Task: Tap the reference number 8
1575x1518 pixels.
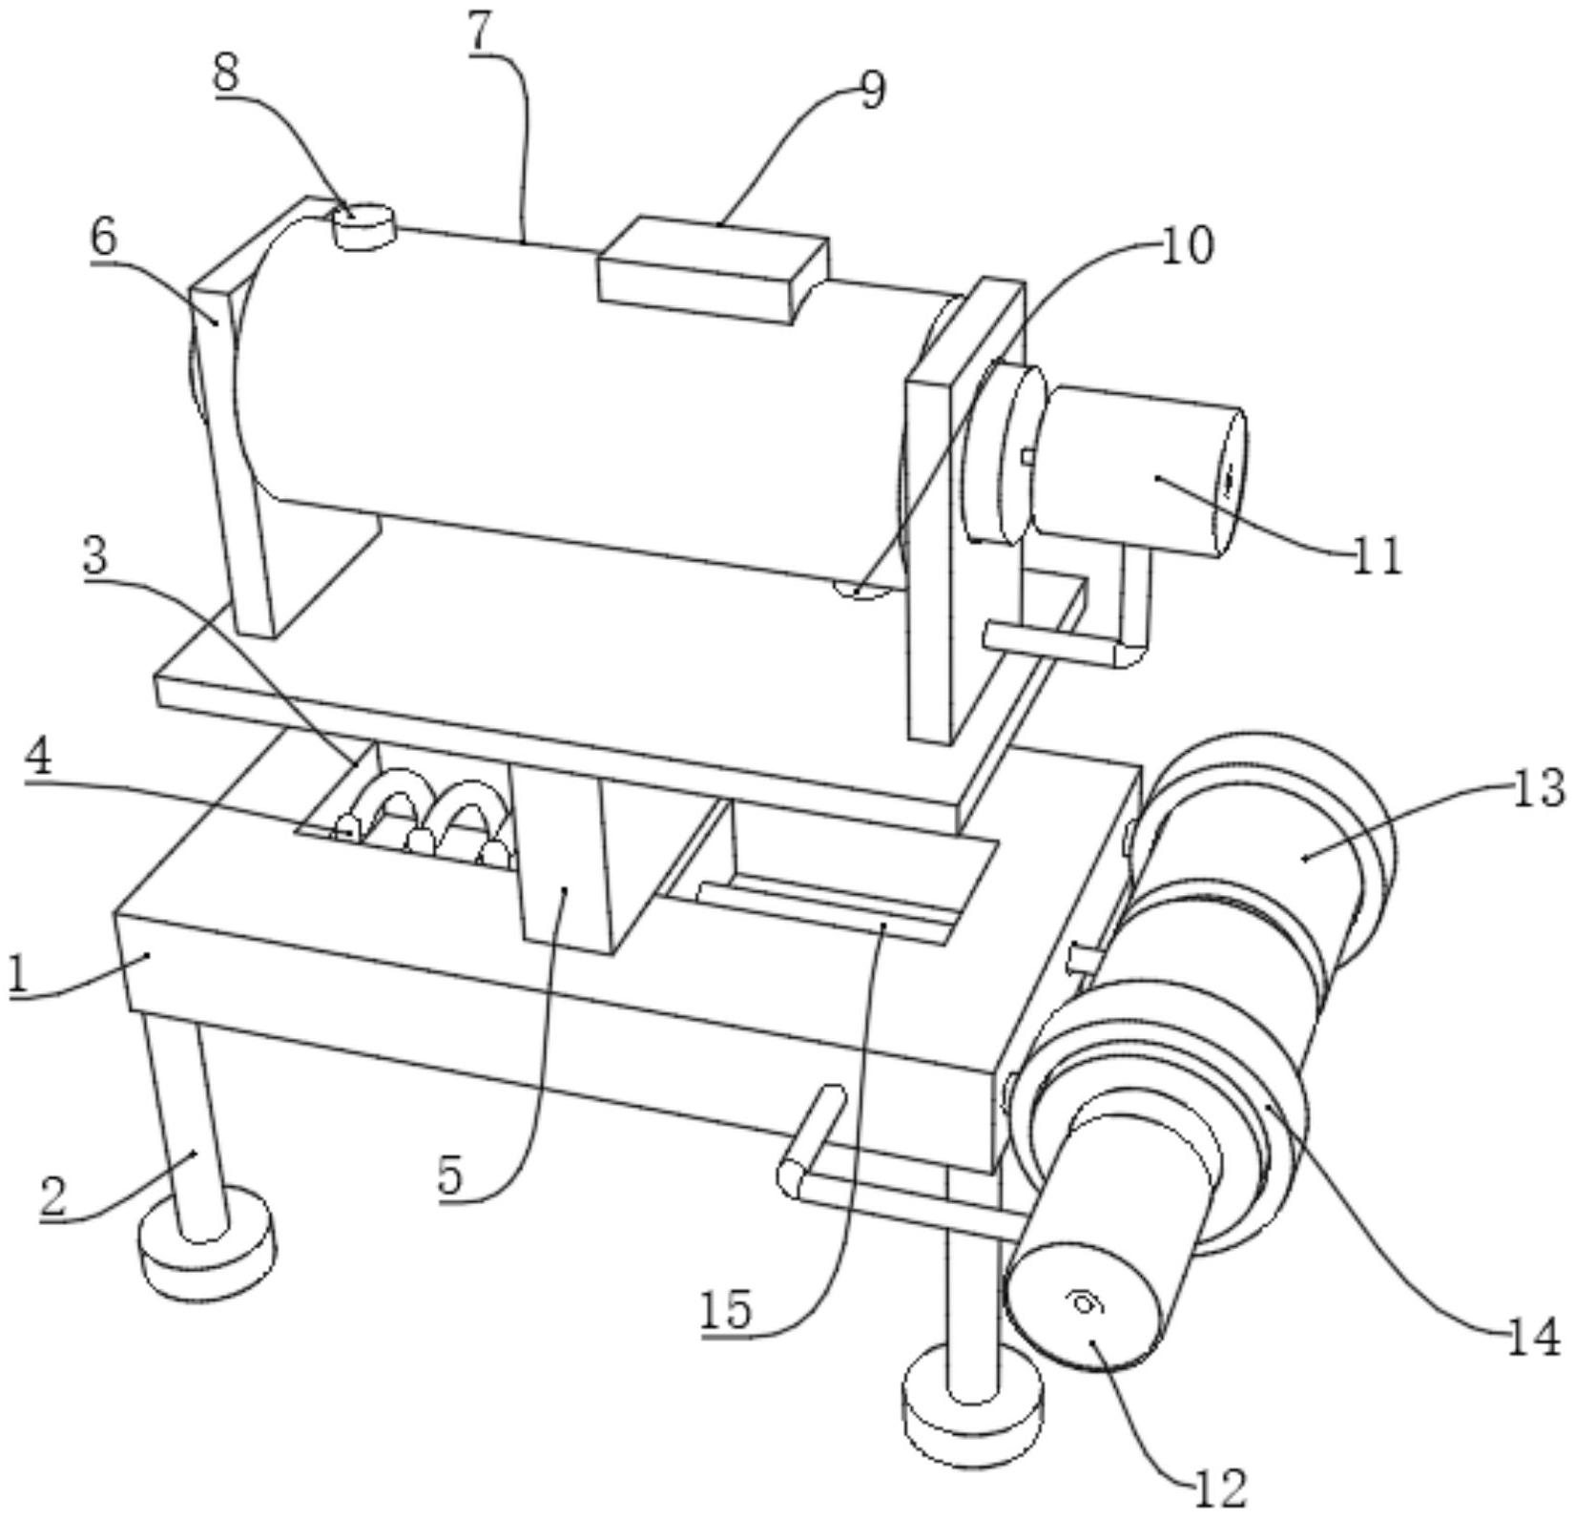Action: point(227,73)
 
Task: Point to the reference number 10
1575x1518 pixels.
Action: point(1187,245)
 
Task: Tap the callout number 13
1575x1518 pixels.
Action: point(1537,789)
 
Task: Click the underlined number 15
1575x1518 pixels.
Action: point(726,1309)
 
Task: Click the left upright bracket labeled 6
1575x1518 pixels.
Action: point(235,416)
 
